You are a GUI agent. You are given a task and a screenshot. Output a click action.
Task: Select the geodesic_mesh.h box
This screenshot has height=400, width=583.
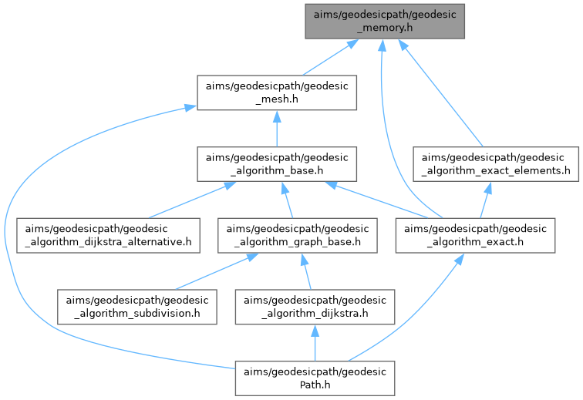[x=276, y=92]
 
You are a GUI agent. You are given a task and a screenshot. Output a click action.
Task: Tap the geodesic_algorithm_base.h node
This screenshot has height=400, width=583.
[x=276, y=164]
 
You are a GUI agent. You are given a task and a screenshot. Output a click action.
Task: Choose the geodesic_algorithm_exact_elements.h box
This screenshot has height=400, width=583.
[x=494, y=164]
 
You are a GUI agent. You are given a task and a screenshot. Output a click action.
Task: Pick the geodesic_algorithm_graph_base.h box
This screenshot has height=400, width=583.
[x=298, y=237]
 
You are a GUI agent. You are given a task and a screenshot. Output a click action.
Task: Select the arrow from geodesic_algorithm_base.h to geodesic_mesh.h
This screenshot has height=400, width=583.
[x=276, y=128]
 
